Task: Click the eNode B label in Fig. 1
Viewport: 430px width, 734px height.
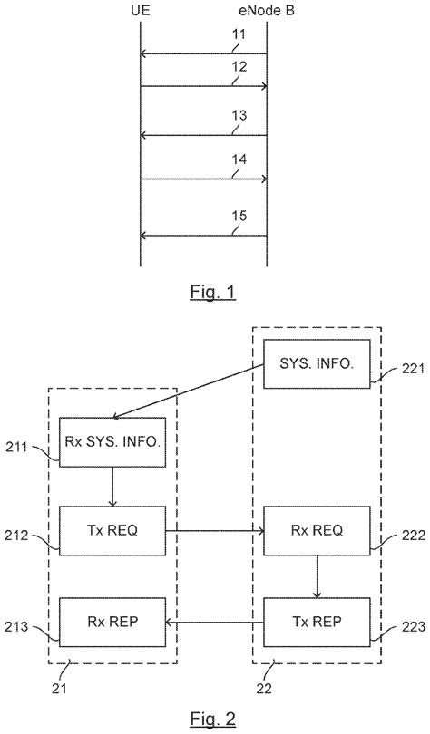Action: tap(266, 12)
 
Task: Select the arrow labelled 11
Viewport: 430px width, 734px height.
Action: tap(203, 54)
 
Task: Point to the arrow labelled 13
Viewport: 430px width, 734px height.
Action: tap(203, 136)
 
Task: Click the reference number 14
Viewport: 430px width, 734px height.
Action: tap(238, 159)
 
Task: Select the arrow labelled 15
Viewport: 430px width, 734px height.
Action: tap(203, 236)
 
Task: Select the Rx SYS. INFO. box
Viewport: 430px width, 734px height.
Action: tap(110, 442)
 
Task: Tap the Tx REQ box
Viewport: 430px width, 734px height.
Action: tap(110, 530)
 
